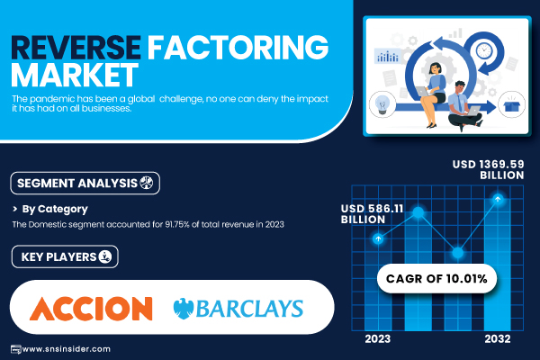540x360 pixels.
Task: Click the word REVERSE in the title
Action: pyautogui.click(x=76, y=47)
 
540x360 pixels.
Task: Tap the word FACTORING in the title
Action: pyautogui.click(x=238, y=47)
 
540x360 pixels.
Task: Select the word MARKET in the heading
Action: pyautogui.click(x=75, y=75)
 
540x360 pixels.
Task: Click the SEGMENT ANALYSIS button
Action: pyautogui.click(x=85, y=183)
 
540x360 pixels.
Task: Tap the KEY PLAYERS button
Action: pyautogui.click(x=65, y=256)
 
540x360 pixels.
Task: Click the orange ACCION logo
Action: pyautogui.click(x=91, y=309)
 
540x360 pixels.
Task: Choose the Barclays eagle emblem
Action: pyautogui.click(x=184, y=309)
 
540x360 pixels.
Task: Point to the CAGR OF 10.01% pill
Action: pyautogui.click(x=436, y=278)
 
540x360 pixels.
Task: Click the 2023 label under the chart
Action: pyautogui.click(x=378, y=339)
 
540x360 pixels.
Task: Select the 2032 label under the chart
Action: pyautogui.click(x=498, y=339)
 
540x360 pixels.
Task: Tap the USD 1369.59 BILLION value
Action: pyautogui.click(x=489, y=169)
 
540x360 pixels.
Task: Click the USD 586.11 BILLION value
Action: pyautogui.click(x=372, y=213)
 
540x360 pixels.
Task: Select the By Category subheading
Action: pyautogui.click(x=55, y=209)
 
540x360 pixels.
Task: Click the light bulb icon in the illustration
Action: pyautogui.click(x=382, y=104)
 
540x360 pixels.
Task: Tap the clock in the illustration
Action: pyautogui.click(x=484, y=51)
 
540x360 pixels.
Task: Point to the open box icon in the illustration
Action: pyautogui.click(x=511, y=104)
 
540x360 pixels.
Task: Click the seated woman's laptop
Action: pyautogui.click(x=422, y=92)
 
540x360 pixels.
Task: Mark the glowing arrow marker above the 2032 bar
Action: pyautogui.click(x=498, y=199)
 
